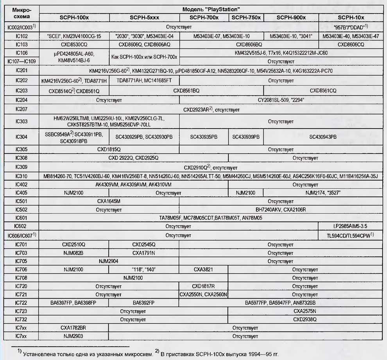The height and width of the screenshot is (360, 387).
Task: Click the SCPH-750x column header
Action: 246,18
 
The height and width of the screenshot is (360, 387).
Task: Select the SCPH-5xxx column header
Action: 144,18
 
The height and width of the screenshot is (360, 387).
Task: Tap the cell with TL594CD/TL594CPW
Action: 351,235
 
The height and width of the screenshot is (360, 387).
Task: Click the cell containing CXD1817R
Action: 203,286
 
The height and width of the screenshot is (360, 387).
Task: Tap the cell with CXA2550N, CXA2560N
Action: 203,294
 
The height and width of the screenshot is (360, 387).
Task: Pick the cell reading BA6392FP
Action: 144,303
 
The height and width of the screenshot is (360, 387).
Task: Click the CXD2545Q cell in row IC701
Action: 144,244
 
